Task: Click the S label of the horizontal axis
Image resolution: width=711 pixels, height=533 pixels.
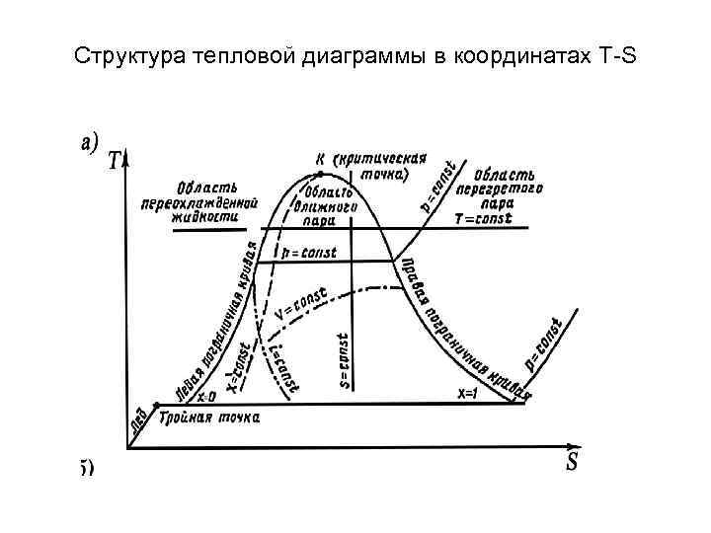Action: click(x=572, y=462)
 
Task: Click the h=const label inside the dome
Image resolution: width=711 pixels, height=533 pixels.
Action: click(x=308, y=254)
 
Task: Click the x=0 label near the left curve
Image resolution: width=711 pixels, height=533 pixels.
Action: click(x=206, y=396)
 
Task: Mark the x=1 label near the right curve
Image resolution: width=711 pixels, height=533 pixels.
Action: click(x=466, y=393)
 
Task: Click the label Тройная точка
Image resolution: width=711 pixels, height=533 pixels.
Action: click(x=210, y=418)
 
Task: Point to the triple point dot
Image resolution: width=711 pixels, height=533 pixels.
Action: click(x=156, y=404)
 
